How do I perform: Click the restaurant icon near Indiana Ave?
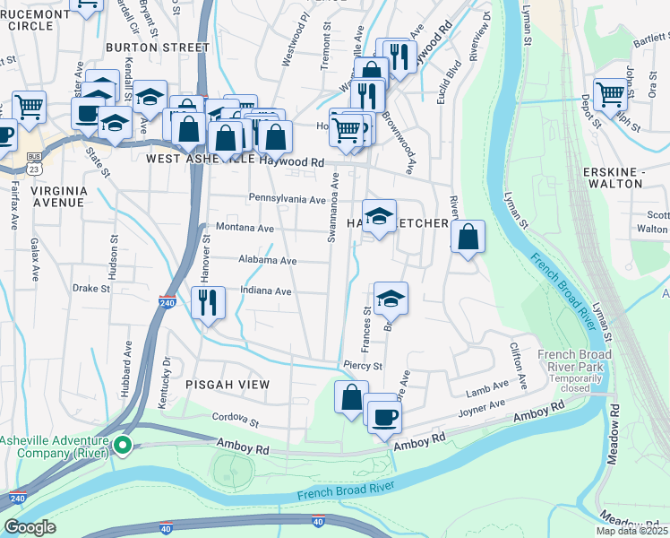tap(208, 301)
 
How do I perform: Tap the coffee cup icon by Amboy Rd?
tap(384, 417)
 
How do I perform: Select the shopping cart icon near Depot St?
tap(610, 93)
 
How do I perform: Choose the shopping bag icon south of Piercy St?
tap(352, 395)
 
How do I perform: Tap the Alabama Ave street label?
tap(267, 260)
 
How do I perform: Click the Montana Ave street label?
tap(244, 229)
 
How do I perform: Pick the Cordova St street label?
tap(235, 418)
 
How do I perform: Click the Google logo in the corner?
tap(30, 527)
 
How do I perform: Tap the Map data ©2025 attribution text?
tap(632, 531)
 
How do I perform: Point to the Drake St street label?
tap(90, 289)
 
